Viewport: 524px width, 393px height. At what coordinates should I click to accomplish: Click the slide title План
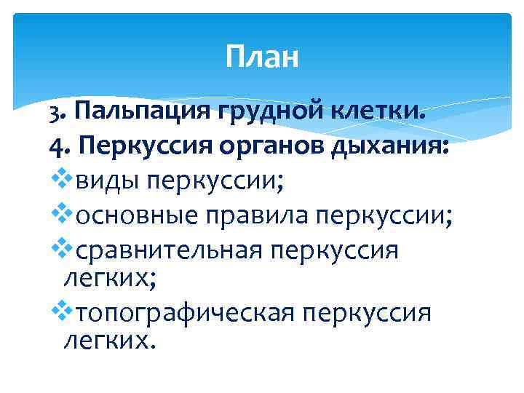click(262, 56)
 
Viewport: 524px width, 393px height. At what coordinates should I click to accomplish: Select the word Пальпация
click(140, 113)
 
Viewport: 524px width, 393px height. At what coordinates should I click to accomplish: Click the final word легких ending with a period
click(110, 339)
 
